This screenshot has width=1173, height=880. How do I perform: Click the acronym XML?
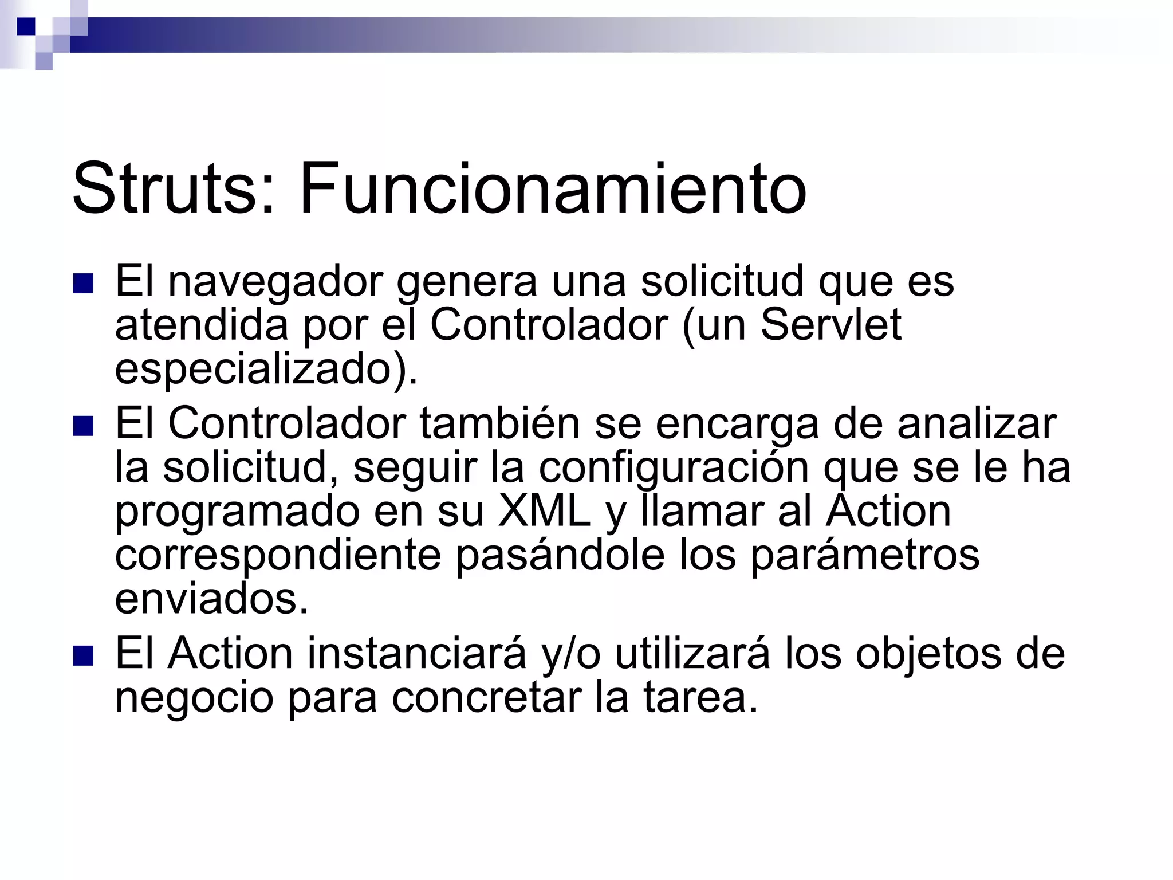544,511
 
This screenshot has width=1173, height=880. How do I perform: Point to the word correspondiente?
278,555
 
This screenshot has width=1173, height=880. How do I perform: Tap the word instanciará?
417,653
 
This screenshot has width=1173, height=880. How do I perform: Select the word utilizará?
692,653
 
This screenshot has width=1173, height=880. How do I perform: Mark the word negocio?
194,698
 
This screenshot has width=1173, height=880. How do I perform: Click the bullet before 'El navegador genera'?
83,284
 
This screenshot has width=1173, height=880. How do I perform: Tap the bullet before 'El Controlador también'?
83,426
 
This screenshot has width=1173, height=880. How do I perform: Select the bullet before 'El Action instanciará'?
83,655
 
